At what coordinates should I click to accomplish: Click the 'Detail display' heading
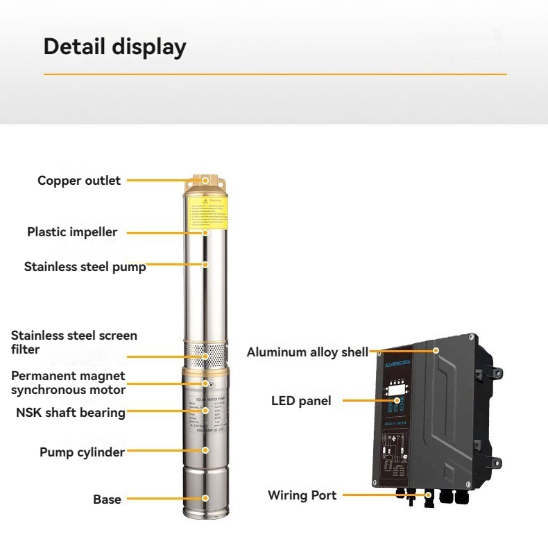114,47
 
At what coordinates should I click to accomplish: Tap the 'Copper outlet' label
79,181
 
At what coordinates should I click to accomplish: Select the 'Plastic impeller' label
72,232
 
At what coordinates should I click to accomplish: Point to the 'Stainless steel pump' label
85,266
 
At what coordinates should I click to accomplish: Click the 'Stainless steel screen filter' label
74,342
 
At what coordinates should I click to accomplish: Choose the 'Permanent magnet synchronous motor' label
68,383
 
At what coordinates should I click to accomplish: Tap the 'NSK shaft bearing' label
71,413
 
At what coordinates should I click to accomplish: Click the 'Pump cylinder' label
82,452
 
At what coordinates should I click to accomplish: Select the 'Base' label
107,500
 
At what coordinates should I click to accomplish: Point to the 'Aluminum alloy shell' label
307,352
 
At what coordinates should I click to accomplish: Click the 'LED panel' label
301,401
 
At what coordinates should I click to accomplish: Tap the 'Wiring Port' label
302,495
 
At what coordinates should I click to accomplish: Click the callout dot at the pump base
205,498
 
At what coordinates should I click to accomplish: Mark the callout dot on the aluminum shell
436,352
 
